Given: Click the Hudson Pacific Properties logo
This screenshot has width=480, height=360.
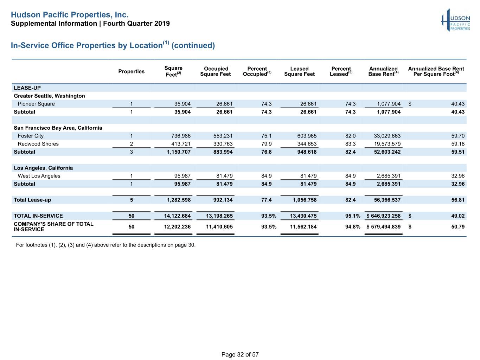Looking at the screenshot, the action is tap(456, 20).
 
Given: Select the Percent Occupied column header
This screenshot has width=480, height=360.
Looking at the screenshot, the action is tap(257, 71).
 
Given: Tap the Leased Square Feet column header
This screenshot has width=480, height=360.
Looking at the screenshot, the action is tap(299, 71).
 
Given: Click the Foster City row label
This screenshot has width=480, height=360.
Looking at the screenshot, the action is tap(31, 136).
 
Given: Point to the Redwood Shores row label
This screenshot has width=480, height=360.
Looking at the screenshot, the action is tap(38, 144).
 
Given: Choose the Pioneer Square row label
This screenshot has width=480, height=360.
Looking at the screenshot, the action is tap(36, 104).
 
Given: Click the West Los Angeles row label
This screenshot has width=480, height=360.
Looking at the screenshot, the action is tap(39, 176).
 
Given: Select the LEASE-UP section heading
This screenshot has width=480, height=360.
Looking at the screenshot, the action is tap(27, 88).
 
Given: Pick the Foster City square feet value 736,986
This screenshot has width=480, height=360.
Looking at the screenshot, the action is tap(181, 136).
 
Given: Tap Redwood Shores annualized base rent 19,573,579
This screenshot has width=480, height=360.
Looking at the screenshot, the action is tap(387, 144).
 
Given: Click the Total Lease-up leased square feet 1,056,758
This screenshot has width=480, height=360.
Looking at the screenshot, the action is tap(305, 200).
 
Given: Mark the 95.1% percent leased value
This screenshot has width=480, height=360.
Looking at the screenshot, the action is tap(352, 216).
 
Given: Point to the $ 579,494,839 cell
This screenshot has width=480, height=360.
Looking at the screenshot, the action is tap(384, 227).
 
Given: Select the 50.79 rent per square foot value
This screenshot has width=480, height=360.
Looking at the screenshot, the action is tap(458, 227).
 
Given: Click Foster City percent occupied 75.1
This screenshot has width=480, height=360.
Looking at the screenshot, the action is tap(266, 136).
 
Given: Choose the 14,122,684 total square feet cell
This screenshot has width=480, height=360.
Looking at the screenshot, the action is tap(177, 216).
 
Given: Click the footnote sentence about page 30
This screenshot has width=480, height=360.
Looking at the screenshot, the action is tap(105, 245).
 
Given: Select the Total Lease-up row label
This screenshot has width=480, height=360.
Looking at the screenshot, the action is tap(32, 200).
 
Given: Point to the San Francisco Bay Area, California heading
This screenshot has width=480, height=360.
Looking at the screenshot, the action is tap(58, 128).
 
